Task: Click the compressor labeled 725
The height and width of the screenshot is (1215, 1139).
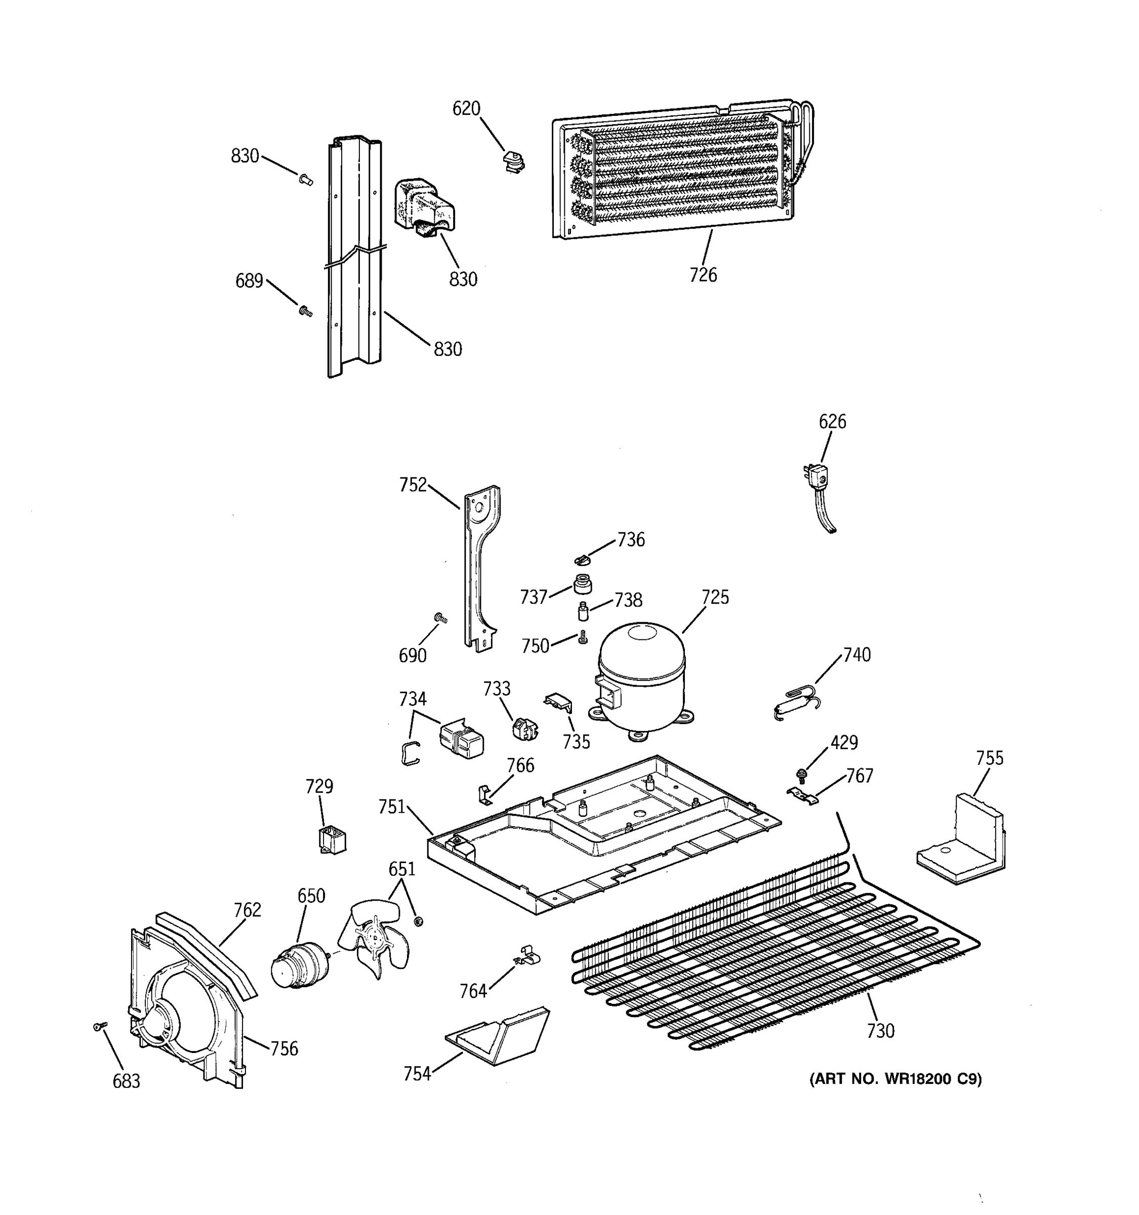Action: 641,678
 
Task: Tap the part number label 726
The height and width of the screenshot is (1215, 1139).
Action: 703,275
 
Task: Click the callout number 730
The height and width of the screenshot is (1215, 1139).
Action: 880,1031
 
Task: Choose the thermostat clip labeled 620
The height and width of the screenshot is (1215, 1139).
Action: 513,163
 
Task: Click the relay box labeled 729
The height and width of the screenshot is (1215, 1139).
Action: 333,839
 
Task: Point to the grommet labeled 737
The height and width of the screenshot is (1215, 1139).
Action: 582,584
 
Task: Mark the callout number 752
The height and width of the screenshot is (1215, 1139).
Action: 413,485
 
